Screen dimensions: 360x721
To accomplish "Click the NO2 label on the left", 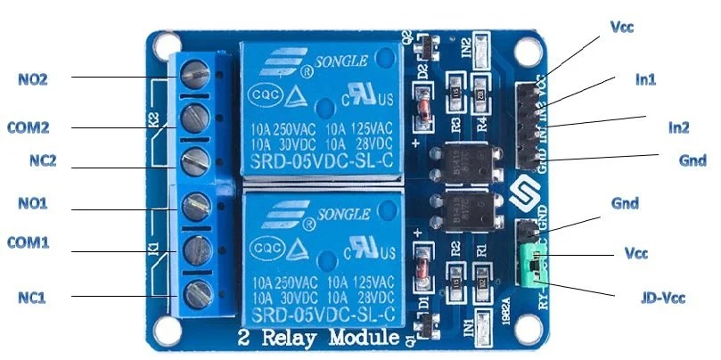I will click(33, 78).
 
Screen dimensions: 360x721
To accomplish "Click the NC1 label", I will click(32, 297).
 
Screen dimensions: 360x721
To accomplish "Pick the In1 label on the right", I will click(644, 79).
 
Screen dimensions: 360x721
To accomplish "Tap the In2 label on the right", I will click(678, 128).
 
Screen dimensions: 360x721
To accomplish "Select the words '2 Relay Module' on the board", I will click(316, 340).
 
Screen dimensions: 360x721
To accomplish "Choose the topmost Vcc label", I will click(620, 27).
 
